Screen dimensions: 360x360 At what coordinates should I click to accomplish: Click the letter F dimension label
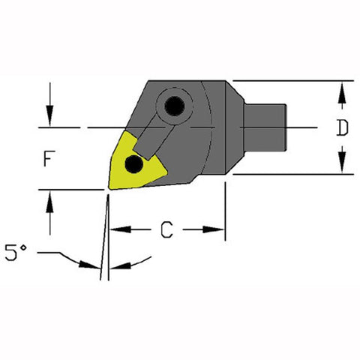click(x=49, y=160)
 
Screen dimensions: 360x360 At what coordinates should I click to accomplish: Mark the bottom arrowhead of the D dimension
click(x=342, y=166)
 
